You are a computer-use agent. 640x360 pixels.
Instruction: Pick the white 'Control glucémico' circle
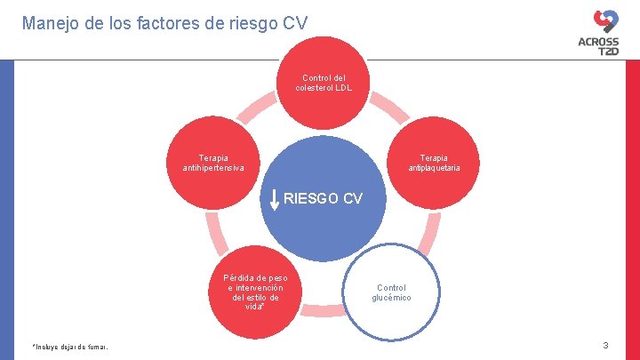point(391,292)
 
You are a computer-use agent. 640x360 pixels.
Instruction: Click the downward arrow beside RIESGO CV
point(274,200)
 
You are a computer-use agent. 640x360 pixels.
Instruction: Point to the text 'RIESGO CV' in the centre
point(323,198)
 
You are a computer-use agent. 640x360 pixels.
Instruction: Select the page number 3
point(605,345)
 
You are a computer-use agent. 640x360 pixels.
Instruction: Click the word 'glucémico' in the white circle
point(391,298)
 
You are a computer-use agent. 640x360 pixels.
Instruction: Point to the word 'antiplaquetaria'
point(434,168)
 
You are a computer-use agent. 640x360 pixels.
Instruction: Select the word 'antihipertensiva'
point(214,168)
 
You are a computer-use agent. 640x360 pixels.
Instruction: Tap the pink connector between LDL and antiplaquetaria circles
point(390,110)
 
